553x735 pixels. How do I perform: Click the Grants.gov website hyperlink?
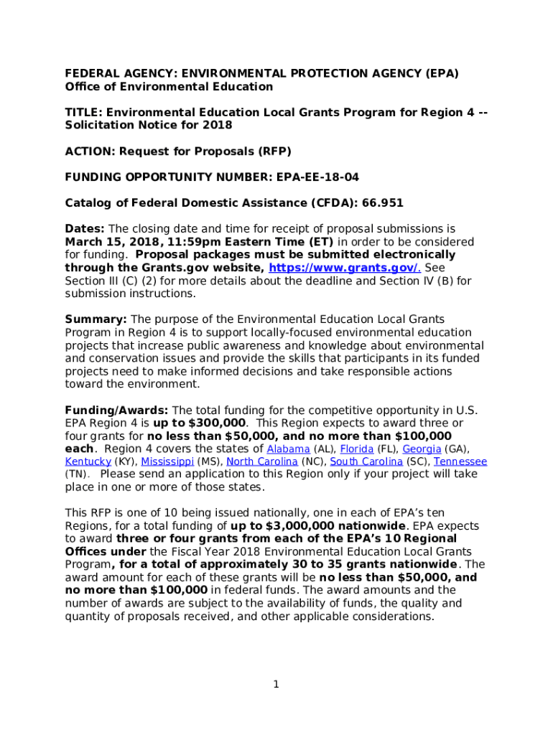point(345,268)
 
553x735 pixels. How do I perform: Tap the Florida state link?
point(351,449)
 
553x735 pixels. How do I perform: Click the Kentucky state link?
point(88,462)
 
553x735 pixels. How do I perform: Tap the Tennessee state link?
point(460,462)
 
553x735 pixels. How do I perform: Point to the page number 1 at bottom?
point(276,684)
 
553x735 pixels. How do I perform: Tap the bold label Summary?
point(96,319)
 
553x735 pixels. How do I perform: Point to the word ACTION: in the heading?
point(89,151)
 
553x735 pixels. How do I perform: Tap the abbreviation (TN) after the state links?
point(78,474)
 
